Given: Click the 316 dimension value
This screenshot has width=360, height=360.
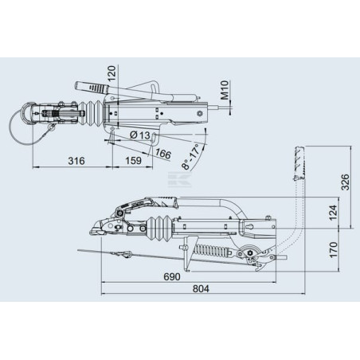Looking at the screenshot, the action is [76, 161].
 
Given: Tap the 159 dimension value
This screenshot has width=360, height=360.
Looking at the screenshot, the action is [133, 161].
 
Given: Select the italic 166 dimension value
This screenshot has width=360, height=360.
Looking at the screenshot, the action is [163, 154].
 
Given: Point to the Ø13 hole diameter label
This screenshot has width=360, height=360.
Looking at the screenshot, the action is [140, 135].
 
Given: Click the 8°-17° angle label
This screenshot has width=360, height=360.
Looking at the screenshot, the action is [190, 157].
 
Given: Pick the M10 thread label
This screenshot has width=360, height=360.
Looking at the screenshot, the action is [225, 90].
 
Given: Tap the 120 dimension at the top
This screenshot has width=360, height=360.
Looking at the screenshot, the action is [112, 73].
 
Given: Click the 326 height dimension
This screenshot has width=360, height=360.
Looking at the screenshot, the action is [345, 182].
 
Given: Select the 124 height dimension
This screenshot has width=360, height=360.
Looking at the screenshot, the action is [333, 213].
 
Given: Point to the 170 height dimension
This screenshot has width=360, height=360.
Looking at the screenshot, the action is [333, 249].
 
